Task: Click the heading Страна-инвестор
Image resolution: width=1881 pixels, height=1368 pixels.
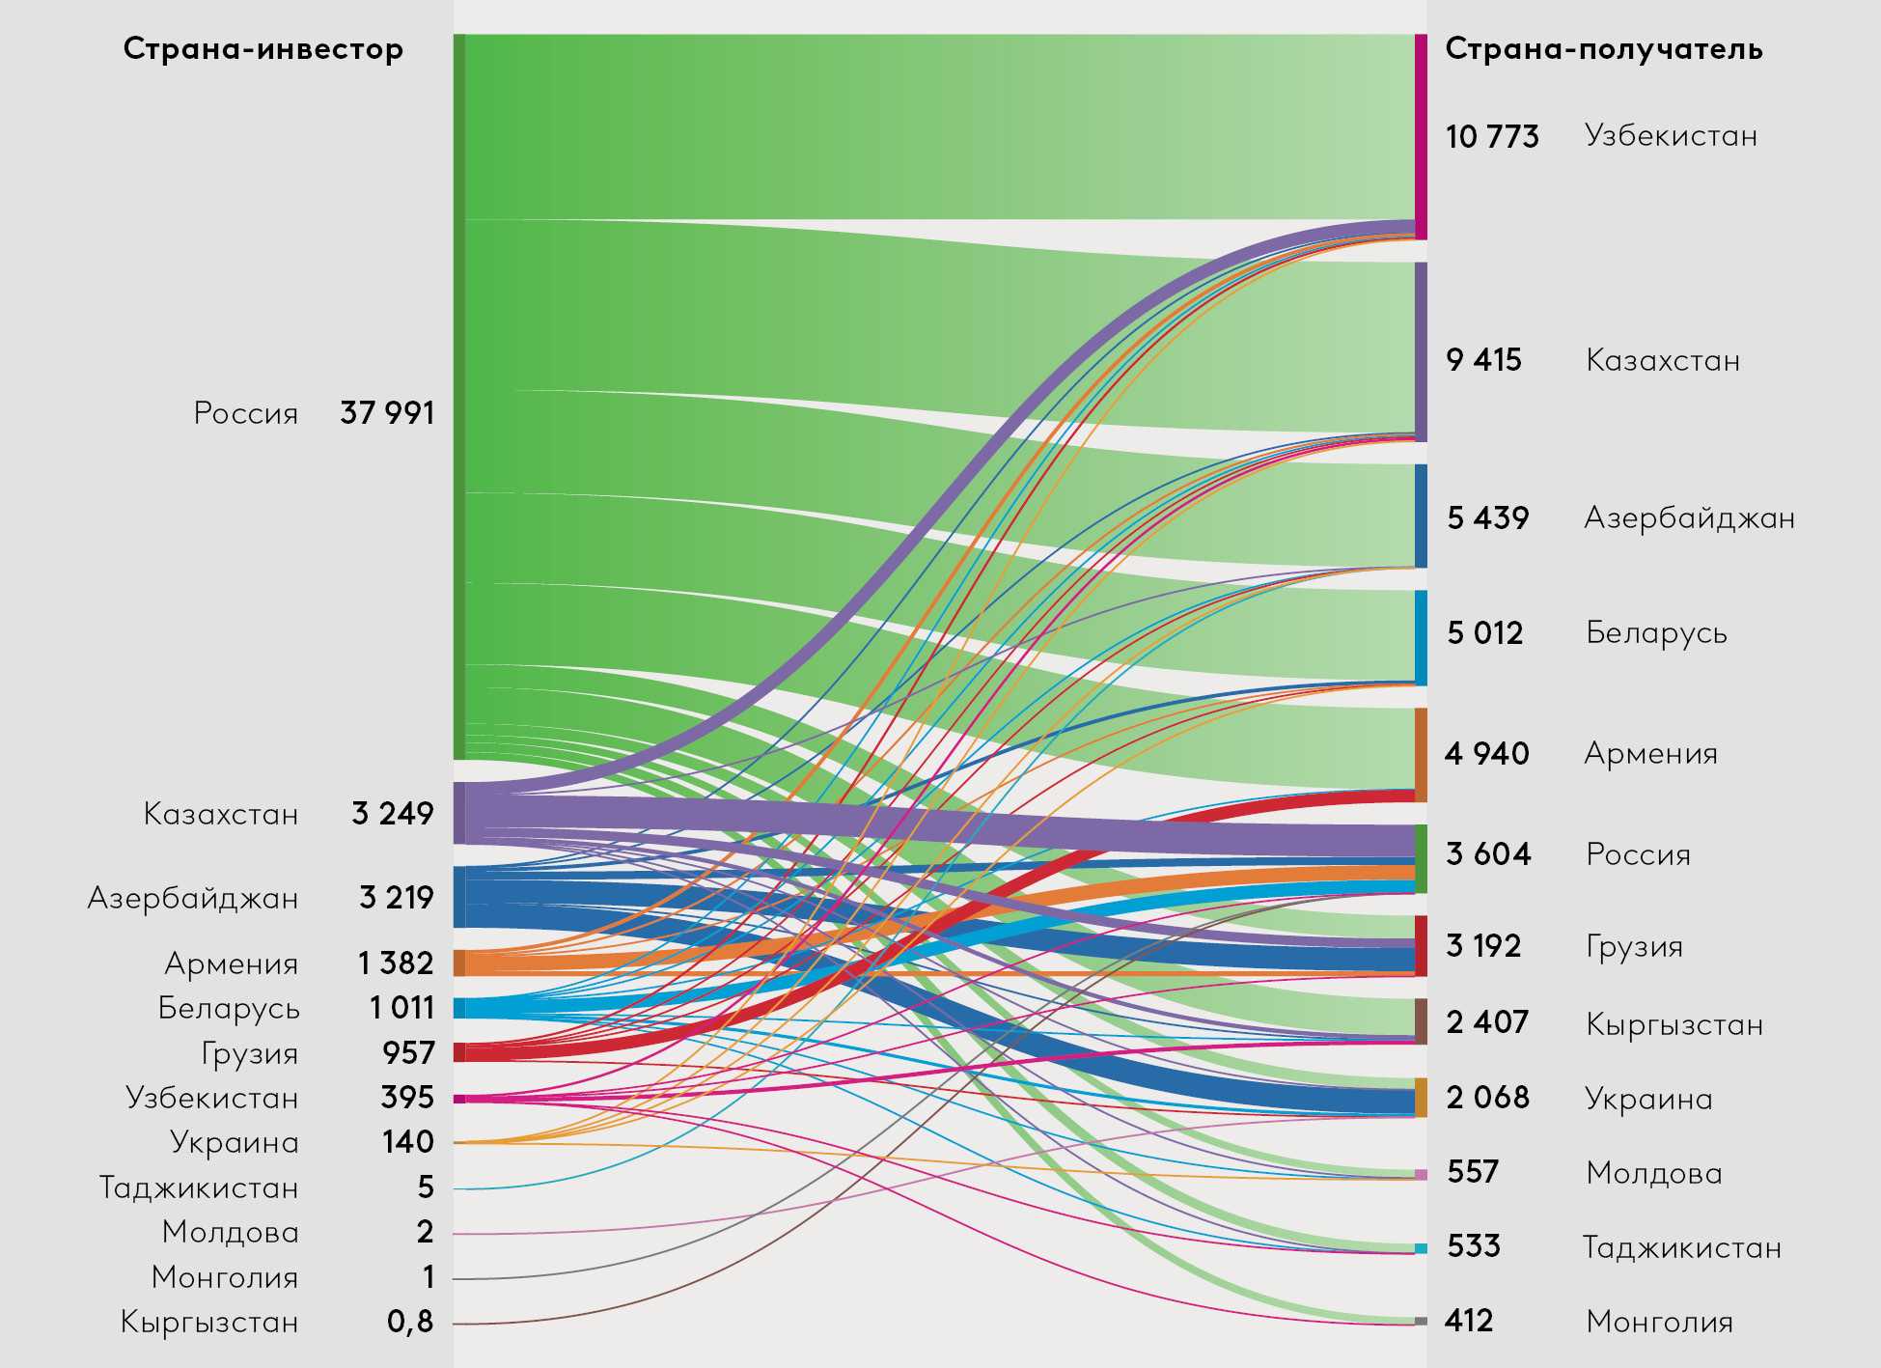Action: click(263, 49)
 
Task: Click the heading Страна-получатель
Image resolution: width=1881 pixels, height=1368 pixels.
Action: click(1603, 49)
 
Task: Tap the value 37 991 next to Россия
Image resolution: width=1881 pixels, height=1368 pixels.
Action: click(387, 413)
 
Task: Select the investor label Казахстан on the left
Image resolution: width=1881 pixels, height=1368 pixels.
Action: click(221, 814)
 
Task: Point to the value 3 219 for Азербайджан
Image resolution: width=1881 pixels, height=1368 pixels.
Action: click(396, 898)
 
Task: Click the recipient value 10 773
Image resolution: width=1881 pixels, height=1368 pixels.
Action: click(1492, 137)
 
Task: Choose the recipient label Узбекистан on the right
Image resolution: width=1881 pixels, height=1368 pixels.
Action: click(1671, 136)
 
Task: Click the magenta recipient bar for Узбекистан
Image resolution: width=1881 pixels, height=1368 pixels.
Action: click(1421, 136)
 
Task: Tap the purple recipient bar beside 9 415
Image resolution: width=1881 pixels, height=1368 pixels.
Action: click(1421, 351)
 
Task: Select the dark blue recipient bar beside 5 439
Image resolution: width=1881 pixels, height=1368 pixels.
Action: click(1421, 516)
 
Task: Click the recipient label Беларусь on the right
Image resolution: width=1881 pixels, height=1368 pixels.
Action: click(1656, 633)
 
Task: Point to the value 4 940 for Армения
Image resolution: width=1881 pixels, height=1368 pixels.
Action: click(1486, 753)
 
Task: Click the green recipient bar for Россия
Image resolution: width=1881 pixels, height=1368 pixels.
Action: click(1421, 858)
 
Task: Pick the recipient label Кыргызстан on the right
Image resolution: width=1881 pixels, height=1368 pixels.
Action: click(1674, 1024)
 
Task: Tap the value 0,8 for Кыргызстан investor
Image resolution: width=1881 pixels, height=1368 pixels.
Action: click(410, 1322)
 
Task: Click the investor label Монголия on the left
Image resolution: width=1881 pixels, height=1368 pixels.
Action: click(225, 1277)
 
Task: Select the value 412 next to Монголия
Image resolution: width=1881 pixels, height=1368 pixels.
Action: click(1469, 1321)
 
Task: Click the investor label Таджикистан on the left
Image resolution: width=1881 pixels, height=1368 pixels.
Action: click(199, 1187)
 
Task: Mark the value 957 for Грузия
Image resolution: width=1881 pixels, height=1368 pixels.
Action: click(408, 1052)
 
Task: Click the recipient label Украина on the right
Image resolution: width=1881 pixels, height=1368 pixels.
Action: click(1648, 1099)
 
